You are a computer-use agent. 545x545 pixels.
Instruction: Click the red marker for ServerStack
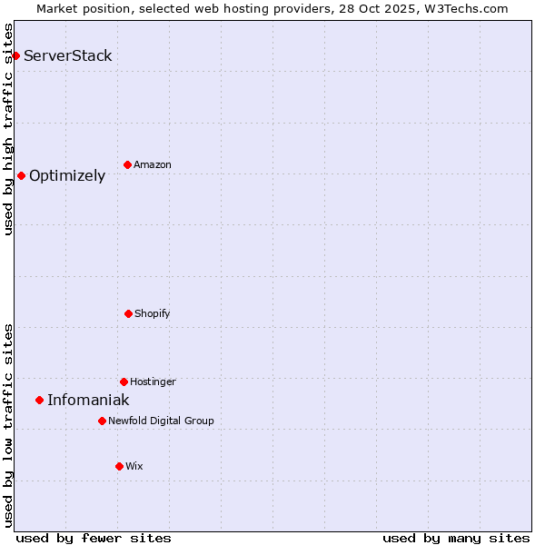coord(15,55)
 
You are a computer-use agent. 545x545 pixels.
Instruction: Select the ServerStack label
coord(67,55)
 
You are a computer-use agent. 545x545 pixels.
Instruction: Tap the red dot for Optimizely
coord(21,175)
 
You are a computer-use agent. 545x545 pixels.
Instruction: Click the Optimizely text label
coord(67,175)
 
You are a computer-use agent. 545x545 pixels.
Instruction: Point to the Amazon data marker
coord(127,164)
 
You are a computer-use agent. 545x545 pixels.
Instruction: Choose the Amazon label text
coord(152,164)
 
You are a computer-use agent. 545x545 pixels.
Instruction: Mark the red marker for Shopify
coord(128,313)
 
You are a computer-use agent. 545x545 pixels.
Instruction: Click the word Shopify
coord(152,313)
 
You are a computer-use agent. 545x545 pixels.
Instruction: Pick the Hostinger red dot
coord(124,381)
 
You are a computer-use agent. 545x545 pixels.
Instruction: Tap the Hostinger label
coord(153,381)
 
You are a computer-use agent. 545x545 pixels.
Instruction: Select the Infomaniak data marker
coord(39,400)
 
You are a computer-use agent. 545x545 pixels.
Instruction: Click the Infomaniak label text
coord(88,400)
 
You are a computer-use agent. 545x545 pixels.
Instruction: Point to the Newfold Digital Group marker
coord(102,421)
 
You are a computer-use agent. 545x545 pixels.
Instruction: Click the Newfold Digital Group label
coord(161,421)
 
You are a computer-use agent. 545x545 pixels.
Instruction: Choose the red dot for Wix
coord(119,466)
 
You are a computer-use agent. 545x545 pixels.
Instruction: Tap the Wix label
coord(134,466)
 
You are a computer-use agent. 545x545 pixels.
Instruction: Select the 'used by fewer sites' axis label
coord(93,538)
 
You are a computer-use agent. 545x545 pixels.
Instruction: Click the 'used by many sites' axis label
coord(456,538)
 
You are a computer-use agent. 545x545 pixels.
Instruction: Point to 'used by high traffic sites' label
coord(8,129)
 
